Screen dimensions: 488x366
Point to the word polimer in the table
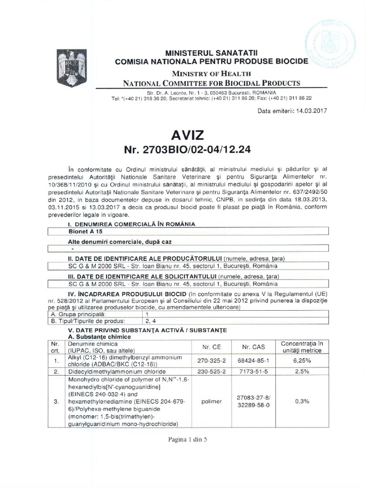tap(210, 402)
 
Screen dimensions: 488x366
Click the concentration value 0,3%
tap(308, 402)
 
